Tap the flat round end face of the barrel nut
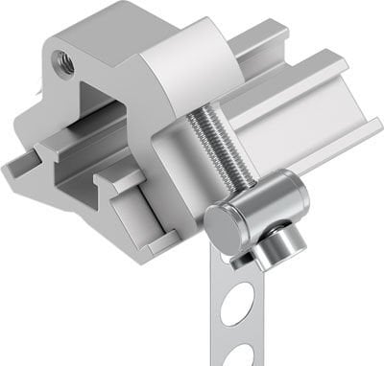(222, 228)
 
